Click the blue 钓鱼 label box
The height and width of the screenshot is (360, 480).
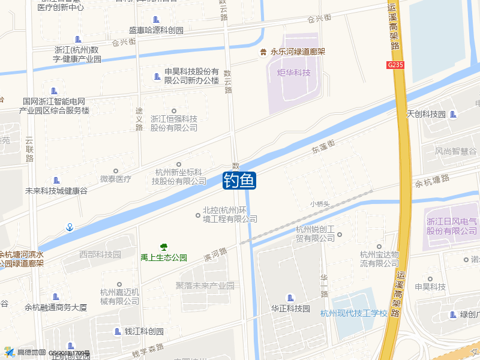(x=239, y=180)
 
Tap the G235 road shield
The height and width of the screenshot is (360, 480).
(x=395, y=64)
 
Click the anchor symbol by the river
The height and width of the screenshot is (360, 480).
(x=70, y=227)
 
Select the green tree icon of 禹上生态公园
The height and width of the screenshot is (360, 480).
(x=163, y=247)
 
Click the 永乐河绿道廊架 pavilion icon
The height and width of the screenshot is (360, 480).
(x=263, y=52)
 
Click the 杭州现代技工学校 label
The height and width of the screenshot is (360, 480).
(x=354, y=313)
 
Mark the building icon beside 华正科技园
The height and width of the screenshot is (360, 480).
(x=291, y=298)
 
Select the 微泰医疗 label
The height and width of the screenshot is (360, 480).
(x=115, y=179)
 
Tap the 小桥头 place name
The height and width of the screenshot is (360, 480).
(x=320, y=204)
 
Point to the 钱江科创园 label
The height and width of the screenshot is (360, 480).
(x=144, y=332)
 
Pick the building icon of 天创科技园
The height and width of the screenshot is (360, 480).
(x=453, y=114)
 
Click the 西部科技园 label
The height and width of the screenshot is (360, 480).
(x=100, y=254)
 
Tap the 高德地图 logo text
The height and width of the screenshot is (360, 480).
(x=31, y=352)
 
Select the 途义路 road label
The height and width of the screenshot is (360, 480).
(x=139, y=119)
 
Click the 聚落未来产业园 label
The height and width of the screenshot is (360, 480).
(x=205, y=286)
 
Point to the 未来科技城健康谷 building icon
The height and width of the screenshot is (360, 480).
(x=56, y=180)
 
